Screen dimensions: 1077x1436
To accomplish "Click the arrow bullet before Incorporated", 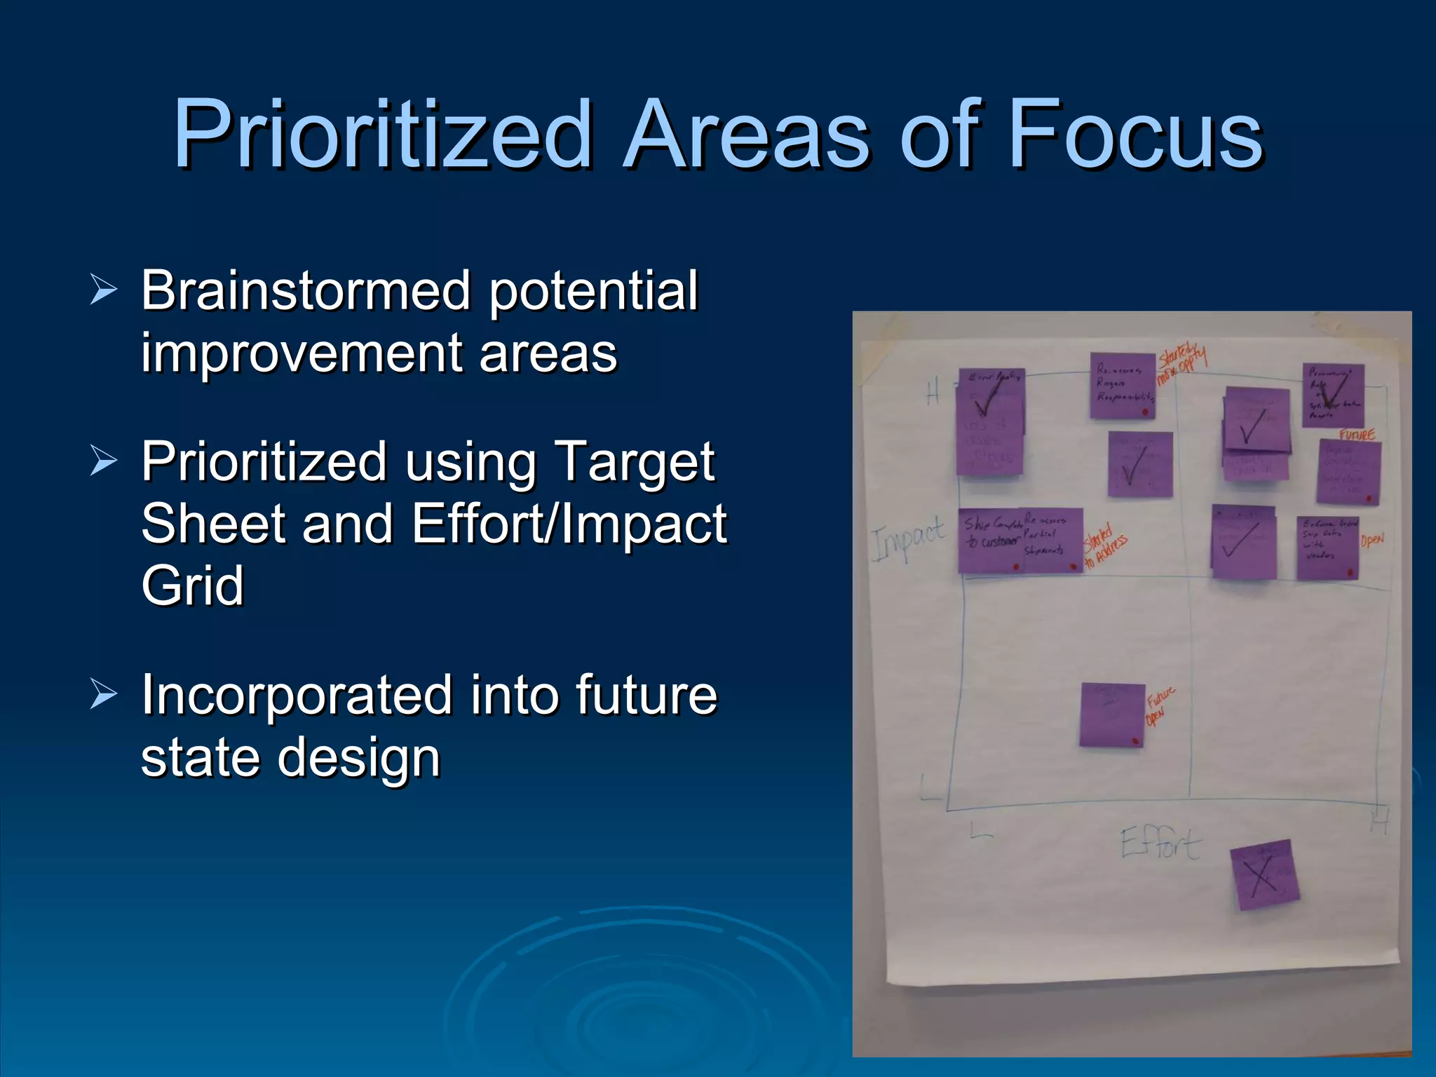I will pyautogui.click(x=104, y=695).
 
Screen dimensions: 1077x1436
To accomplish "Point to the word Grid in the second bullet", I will pyautogui.click(x=192, y=585).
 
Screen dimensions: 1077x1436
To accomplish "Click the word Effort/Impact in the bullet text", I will pyautogui.click(x=569, y=523).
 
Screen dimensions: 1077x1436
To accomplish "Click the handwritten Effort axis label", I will pyautogui.click(x=1160, y=844).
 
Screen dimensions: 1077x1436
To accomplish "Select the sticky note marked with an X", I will pyautogui.click(x=1264, y=875).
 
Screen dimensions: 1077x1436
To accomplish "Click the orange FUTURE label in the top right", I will pyautogui.click(x=1356, y=435).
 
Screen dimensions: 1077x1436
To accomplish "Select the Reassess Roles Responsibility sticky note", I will pyautogui.click(x=1123, y=386).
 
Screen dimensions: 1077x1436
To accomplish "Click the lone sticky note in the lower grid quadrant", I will pyautogui.click(x=1112, y=715).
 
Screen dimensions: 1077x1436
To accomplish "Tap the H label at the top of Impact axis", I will pyautogui.click(x=933, y=393).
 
